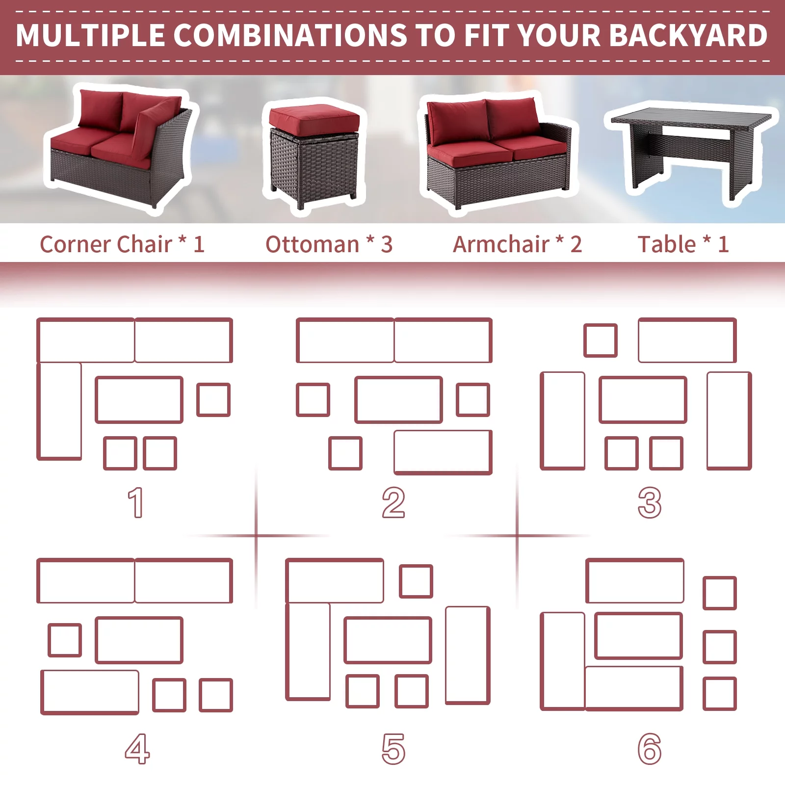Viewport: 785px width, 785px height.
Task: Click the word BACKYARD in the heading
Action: pyautogui.click(x=689, y=35)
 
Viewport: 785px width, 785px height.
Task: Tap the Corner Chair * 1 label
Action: pyautogui.click(x=122, y=244)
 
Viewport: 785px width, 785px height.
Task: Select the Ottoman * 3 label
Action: pyautogui.click(x=329, y=244)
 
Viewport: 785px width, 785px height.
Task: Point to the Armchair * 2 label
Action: pyautogui.click(x=517, y=244)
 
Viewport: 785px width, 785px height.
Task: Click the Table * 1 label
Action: pyautogui.click(x=683, y=244)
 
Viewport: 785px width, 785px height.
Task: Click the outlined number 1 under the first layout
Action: pyautogui.click(x=136, y=502)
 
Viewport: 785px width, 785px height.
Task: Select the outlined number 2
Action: pyautogui.click(x=393, y=502)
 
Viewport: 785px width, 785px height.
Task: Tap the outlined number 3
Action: pyautogui.click(x=650, y=502)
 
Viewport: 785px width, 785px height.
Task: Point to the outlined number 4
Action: pyautogui.click(x=137, y=749)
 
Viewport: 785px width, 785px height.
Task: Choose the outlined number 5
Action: pyautogui.click(x=393, y=749)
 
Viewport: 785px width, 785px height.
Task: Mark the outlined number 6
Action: pyautogui.click(x=650, y=749)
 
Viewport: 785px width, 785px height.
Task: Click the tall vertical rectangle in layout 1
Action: pyautogui.click(x=59, y=411)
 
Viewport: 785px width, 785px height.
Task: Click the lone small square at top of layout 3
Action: pyautogui.click(x=601, y=340)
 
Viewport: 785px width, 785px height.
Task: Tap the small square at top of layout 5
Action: pyautogui.click(x=416, y=581)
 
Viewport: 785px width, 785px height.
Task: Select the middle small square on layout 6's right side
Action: pyautogui.click(x=720, y=647)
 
